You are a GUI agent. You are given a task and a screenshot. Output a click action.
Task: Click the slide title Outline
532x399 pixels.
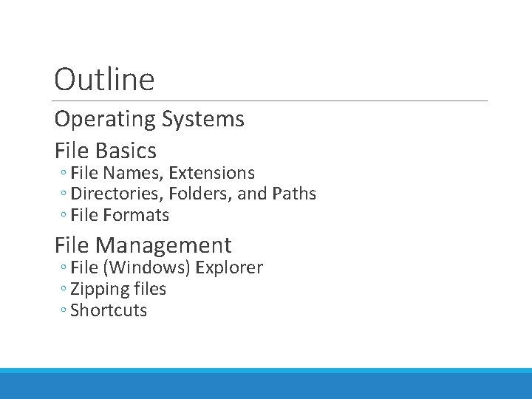click(x=104, y=80)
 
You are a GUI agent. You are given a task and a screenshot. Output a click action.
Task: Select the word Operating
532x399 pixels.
click(x=105, y=119)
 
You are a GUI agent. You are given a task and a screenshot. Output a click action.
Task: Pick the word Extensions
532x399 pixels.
click(x=211, y=173)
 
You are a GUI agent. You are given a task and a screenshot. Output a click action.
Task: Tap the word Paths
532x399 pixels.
click(x=293, y=194)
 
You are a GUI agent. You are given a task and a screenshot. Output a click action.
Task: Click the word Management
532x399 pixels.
click(x=163, y=245)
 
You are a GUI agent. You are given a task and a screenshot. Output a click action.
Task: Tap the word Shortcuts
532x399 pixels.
click(x=109, y=310)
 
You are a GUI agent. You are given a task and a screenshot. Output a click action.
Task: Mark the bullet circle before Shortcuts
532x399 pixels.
click(x=64, y=311)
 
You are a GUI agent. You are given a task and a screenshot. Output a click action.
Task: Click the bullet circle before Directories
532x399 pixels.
click(x=64, y=195)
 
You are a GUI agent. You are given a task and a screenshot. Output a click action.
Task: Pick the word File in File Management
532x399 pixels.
click(x=72, y=245)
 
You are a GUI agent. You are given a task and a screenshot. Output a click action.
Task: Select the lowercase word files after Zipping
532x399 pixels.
click(x=148, y=289)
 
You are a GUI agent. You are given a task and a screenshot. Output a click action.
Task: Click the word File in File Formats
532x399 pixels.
click(x=84, y=216)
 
